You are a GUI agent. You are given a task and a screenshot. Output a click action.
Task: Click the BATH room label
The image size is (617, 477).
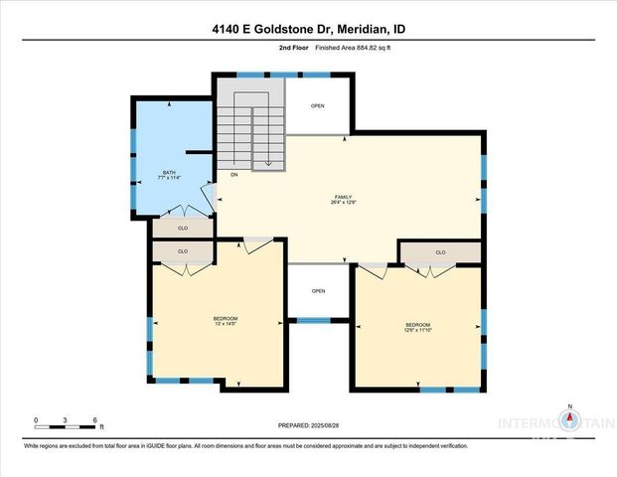[x=169, y=173]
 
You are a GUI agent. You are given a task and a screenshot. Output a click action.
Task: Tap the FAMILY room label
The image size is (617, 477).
[x=344, y=197]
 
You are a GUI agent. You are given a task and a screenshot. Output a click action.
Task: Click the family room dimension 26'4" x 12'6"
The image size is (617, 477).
[x=344, y=204]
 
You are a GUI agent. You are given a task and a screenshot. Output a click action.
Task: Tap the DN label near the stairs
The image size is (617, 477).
[x=234, y=175]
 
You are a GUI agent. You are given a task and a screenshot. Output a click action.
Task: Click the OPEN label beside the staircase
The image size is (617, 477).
[x=318, y=105]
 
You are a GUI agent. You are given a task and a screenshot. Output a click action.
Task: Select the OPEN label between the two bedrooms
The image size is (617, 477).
[x=318, y=291]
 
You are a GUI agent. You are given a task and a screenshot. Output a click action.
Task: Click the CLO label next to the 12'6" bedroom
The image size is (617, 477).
[x=440, y=252]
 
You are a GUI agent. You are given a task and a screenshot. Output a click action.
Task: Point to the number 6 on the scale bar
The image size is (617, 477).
[x=94, y=420]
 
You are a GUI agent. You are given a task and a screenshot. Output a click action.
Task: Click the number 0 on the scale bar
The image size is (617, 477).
[x=36, y=420]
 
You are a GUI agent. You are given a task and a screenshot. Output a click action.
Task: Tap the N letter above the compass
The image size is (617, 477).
[x=570, y=406]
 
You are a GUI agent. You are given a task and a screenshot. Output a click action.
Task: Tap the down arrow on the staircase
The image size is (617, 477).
[x=269, y=163]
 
